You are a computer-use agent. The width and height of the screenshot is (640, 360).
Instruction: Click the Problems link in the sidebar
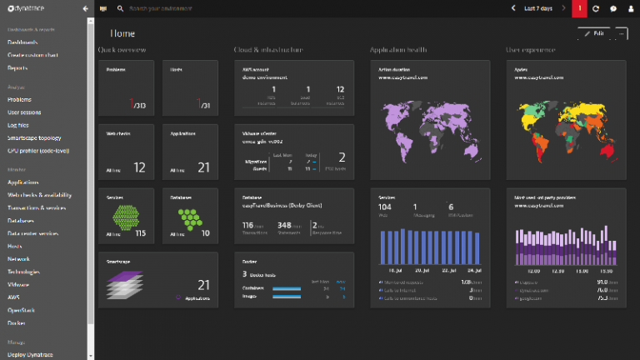[x=20, y=99]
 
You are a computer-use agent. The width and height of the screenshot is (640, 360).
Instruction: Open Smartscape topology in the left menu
[x=34, y=137]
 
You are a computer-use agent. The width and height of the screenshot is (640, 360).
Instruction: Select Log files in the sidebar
[x=18, y=124]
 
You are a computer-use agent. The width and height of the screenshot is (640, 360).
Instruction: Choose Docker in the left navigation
[x=17, y=322]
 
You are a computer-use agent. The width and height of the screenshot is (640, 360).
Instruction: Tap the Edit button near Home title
[x=593, y=33]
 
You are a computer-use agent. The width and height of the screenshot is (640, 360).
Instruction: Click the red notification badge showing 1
[x=580, y=8]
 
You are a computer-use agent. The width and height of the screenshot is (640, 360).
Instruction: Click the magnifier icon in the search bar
[x=121, y=8]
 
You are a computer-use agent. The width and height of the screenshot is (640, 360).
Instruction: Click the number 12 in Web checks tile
[x=139, y=167]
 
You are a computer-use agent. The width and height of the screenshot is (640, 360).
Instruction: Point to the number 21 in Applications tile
[x=203, y=167]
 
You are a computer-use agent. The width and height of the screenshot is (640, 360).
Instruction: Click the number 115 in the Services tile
[x=140, y=233]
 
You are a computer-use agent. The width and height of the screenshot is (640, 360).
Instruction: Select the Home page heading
[x=123, y=33]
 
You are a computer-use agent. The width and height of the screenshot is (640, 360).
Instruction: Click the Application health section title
[x=398, y=50]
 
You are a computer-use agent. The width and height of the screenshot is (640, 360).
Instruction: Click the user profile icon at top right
[x=629, y=8]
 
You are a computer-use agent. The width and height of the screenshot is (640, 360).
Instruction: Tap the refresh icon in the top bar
[x=596, y=8]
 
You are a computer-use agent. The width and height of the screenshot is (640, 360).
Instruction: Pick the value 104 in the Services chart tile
[x=385, y=206]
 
